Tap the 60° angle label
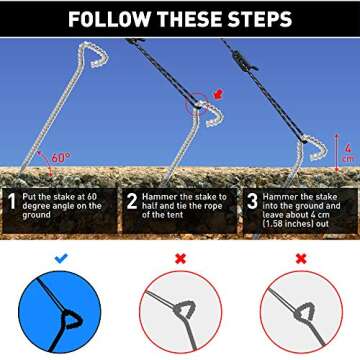pos(61,158)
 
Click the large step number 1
pos(12,202)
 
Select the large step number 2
pos(132,202)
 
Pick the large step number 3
pos(252,202)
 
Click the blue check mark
pos(61,258)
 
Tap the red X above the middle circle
pos(180,258)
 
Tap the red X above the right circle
pos(301,258)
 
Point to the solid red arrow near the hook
pos(218,94)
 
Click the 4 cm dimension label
pos(347,153)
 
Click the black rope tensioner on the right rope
pos(245,61)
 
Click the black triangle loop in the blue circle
pos(72,319)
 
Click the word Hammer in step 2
pos(158,197)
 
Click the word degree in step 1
pos(37,206)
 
